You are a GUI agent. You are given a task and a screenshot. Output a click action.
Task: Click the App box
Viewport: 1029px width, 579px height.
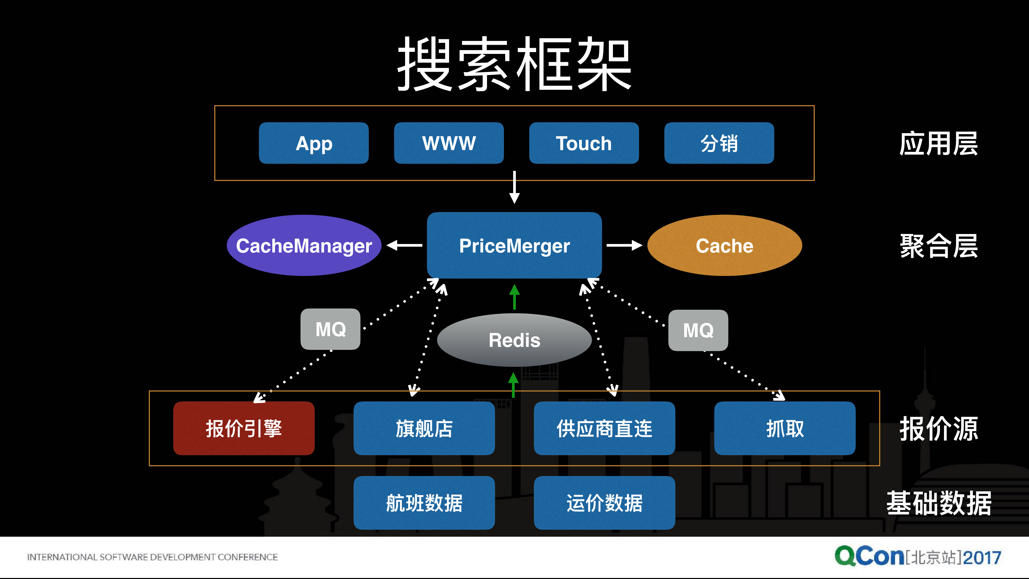(314, 143)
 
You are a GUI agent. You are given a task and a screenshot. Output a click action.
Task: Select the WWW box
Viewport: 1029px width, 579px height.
(449, 143)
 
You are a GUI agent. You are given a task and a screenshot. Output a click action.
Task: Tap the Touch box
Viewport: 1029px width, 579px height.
(584, 143)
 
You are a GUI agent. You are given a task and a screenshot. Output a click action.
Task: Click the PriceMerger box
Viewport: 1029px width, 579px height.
(514, 245)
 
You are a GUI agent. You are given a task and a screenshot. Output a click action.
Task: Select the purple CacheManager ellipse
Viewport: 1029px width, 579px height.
(304, 245)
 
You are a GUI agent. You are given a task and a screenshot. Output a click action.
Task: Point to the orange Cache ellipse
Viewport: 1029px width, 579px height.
(724, 245)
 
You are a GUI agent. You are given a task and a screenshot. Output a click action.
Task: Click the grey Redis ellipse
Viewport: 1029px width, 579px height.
(514, 340)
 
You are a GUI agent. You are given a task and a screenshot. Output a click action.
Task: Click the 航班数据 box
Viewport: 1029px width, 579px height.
(424, 503)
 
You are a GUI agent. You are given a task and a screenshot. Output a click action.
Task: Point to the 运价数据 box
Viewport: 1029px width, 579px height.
(604, 503)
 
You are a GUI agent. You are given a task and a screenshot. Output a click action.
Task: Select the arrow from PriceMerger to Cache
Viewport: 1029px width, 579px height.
(624, 245)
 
